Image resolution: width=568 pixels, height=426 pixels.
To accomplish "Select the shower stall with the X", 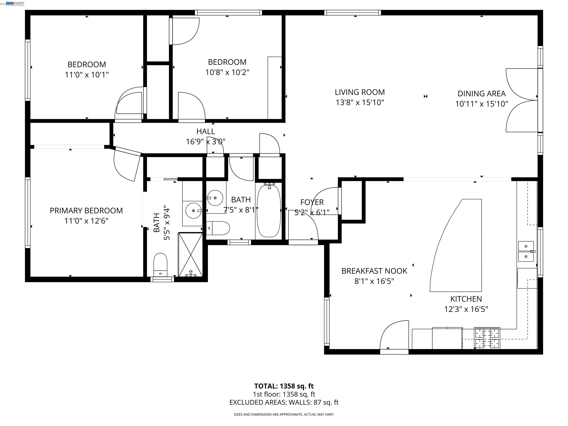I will pos(190,254).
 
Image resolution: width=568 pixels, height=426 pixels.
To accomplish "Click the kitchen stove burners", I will pos(487,338).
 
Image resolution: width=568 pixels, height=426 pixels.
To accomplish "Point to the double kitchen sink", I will pos(526,251).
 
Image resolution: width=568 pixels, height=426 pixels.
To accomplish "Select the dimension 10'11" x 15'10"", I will pos(481,104).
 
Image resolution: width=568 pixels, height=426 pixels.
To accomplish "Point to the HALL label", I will pos(205,131).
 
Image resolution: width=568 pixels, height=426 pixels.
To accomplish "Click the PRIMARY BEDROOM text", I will pos(86,211).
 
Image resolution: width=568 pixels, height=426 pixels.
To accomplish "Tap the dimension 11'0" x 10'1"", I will pos(87,75).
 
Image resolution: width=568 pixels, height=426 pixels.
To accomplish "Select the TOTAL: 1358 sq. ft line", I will pos(284,386).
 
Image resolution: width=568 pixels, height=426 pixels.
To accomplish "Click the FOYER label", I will pos(312,202).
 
